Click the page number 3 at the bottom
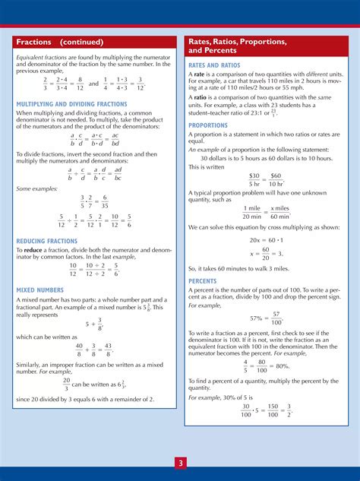click(180, 462)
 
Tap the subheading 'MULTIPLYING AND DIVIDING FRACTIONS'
click(72, 104)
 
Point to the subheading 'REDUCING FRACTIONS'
click(47, 241)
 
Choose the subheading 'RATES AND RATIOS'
click(216, 65)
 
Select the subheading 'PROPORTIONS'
click(208, 125)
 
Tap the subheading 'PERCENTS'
click(204, 280)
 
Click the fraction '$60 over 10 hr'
click(275, 179)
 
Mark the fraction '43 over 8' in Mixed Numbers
click(109, 349)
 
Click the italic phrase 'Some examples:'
click(35, 189)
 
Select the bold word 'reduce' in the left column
click(33, 249)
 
